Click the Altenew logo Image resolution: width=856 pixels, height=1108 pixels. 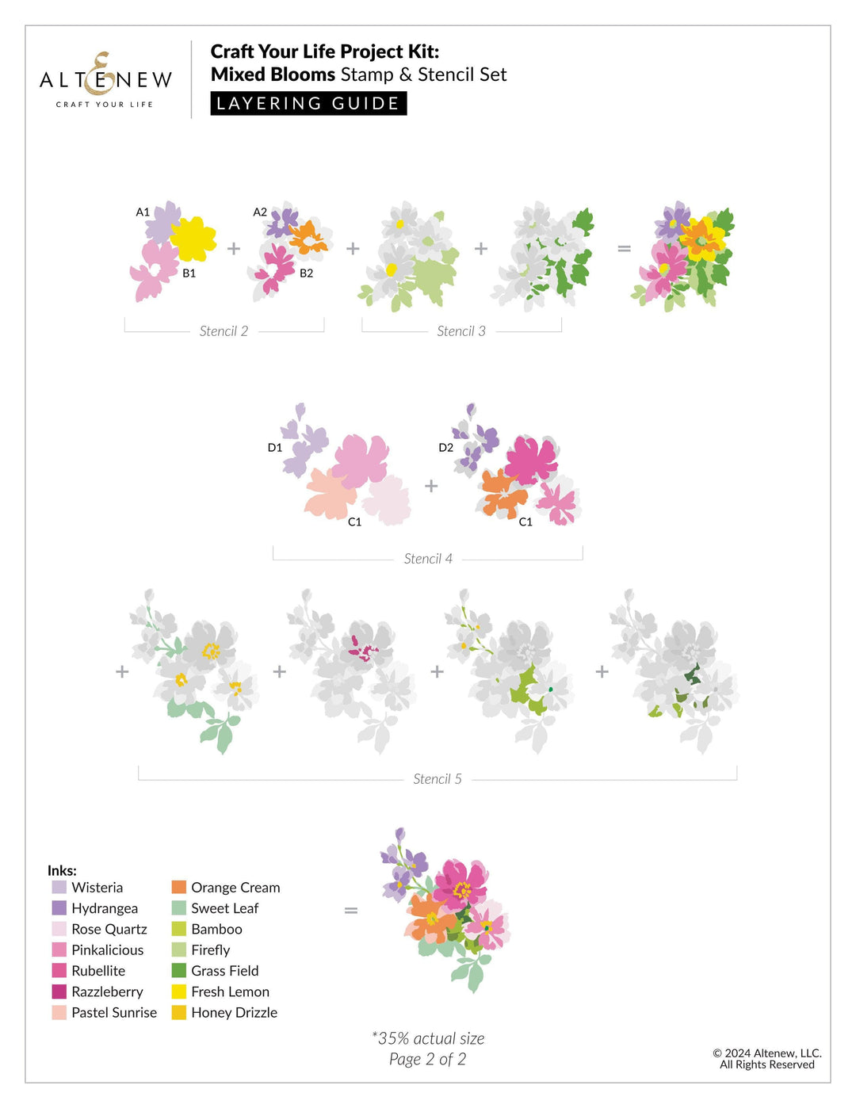[x=105, y=80]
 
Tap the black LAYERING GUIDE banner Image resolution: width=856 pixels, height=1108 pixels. [x=308, y=104]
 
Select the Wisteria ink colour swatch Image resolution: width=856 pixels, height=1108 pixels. [x=59, y=888]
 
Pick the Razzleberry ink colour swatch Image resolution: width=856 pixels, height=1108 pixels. [x=59, y=991]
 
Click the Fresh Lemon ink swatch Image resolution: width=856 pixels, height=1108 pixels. [x=179, y=991]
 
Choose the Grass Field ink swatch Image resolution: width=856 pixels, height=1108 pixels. [x=179, y=971]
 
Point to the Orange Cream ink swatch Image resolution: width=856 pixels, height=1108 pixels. [x=179, y=888]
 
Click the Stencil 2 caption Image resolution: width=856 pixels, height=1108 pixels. [x=224, y=331]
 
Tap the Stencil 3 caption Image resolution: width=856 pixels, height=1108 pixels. [x=461, y=331]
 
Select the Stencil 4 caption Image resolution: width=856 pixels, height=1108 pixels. [x=428, y=559]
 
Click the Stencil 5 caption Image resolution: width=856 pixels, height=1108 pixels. [x=438, y=779]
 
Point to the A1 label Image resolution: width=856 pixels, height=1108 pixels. [x=143, y=212]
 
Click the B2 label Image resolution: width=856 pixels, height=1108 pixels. [x=306, y=273]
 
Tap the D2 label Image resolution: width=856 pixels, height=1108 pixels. [x=446, y=448]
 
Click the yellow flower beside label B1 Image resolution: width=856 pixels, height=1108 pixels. [x=193, y=239]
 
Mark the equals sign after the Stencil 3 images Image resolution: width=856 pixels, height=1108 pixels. [x=625, y=249]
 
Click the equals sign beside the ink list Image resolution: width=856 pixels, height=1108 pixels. [x=351, y=911]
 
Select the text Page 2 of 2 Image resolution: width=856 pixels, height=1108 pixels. [x=427, y=1060]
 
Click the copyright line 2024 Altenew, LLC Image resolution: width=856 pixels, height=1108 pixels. [x=766, y=1053]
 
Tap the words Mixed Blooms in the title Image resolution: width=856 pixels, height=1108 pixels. [x=273, y=75]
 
